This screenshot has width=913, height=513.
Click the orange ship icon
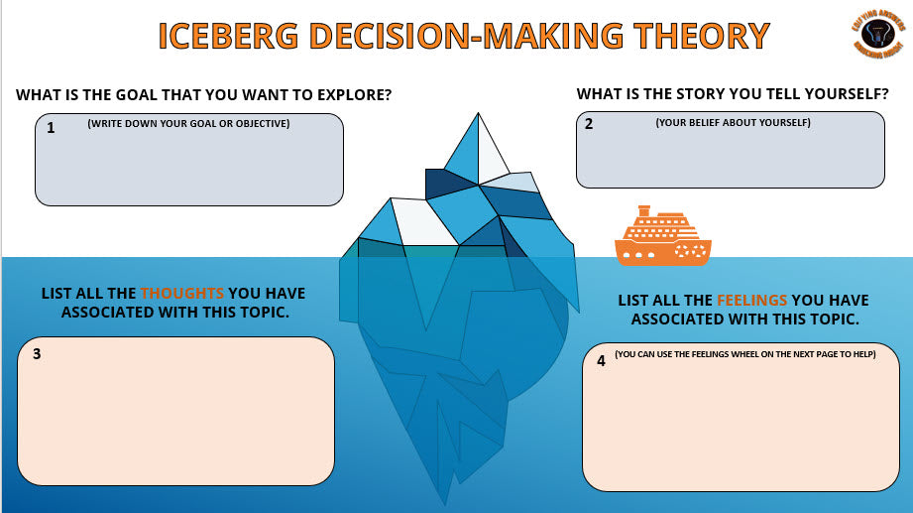pyautogui.click(x=662, y=237)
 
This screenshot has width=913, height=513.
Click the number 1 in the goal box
pyautogui.click(x=51, y=128)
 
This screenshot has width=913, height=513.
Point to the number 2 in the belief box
pyautogui.click(x=589, y=125)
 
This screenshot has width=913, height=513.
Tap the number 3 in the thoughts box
pyautogui.click(x=36, y=353)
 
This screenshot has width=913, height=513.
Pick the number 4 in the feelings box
pyautogui.click(x=601, y=361)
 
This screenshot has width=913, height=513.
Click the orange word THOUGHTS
pyautogui.click(x=182, y=294)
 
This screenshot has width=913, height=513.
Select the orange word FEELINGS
pyautogui.click(x=752, y=300)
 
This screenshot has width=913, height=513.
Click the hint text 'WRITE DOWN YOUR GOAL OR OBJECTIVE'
pyautogui.click(x=188, y=124)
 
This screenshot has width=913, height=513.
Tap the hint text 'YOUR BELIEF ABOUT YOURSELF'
pyautogui.click(x=733, y=122)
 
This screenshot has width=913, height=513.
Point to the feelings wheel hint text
pyautogui.click(x=744, y=354)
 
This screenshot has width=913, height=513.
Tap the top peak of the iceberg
pyautogui.click(x=480, y=115)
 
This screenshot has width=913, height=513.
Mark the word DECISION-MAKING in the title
pyautogui.click(x=463, y=36)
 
